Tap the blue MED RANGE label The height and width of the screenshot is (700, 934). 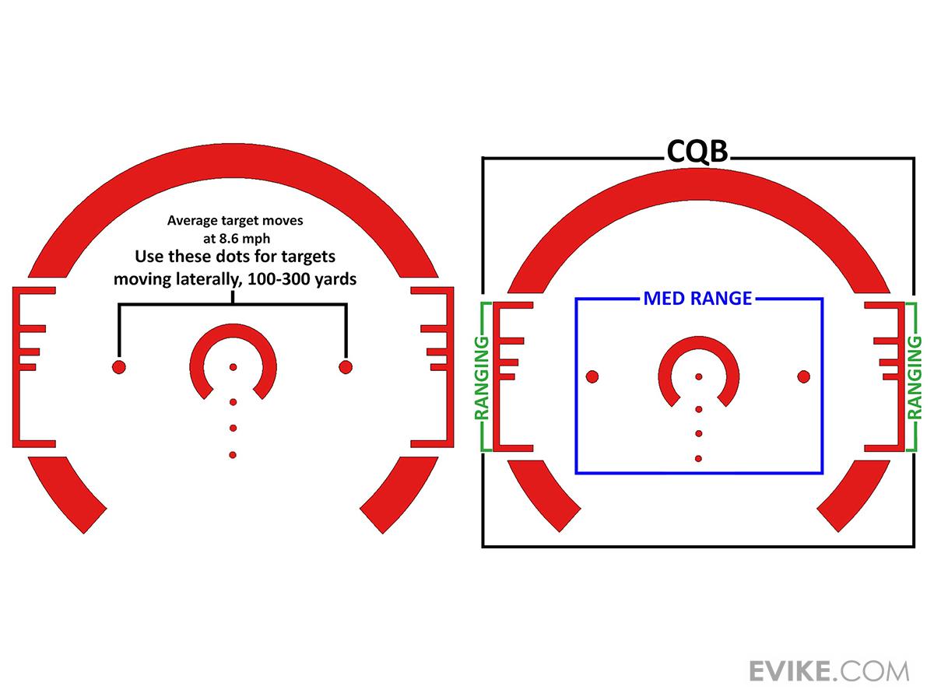coord(697,299)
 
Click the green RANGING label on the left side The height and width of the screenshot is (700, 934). coord(481,378)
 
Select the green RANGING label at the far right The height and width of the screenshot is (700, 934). coord(915,378)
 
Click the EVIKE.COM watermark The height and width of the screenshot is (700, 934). coord(829,671)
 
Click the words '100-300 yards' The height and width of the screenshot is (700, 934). coord(302,279)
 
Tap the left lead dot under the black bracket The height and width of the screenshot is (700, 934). coord(119,367)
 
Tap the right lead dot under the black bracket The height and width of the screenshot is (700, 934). coord(346,367)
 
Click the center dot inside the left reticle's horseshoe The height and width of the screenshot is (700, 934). coord(233,367)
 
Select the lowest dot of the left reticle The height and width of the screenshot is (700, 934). coord(233,455)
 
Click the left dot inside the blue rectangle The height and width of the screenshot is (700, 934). coord(592,376)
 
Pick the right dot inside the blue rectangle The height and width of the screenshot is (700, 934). coord(803,376)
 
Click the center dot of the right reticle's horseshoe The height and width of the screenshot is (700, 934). coord(699,376)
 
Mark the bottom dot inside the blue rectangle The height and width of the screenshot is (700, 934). coord(698,459)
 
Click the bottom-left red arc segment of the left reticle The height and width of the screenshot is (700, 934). coord(68,493)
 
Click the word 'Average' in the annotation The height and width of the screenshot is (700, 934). coord(189,221)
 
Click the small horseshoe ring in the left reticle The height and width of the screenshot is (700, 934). coord(233,362)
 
